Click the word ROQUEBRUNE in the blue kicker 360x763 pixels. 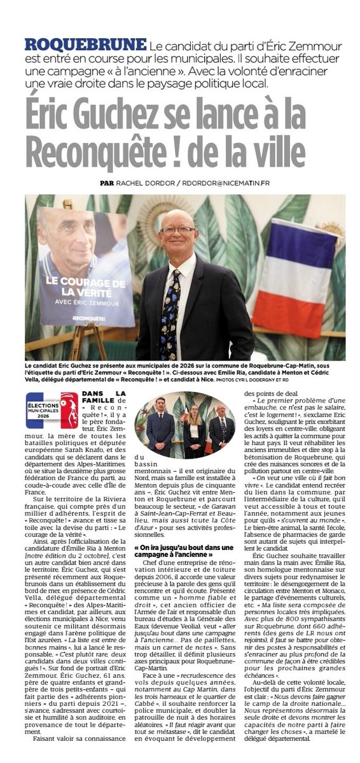coord(85,45)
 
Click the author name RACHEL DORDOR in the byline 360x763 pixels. coord(144,183)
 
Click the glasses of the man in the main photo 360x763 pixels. coord(178,230)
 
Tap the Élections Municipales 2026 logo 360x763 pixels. coord(52,411)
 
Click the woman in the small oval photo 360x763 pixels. coord(194,429)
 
